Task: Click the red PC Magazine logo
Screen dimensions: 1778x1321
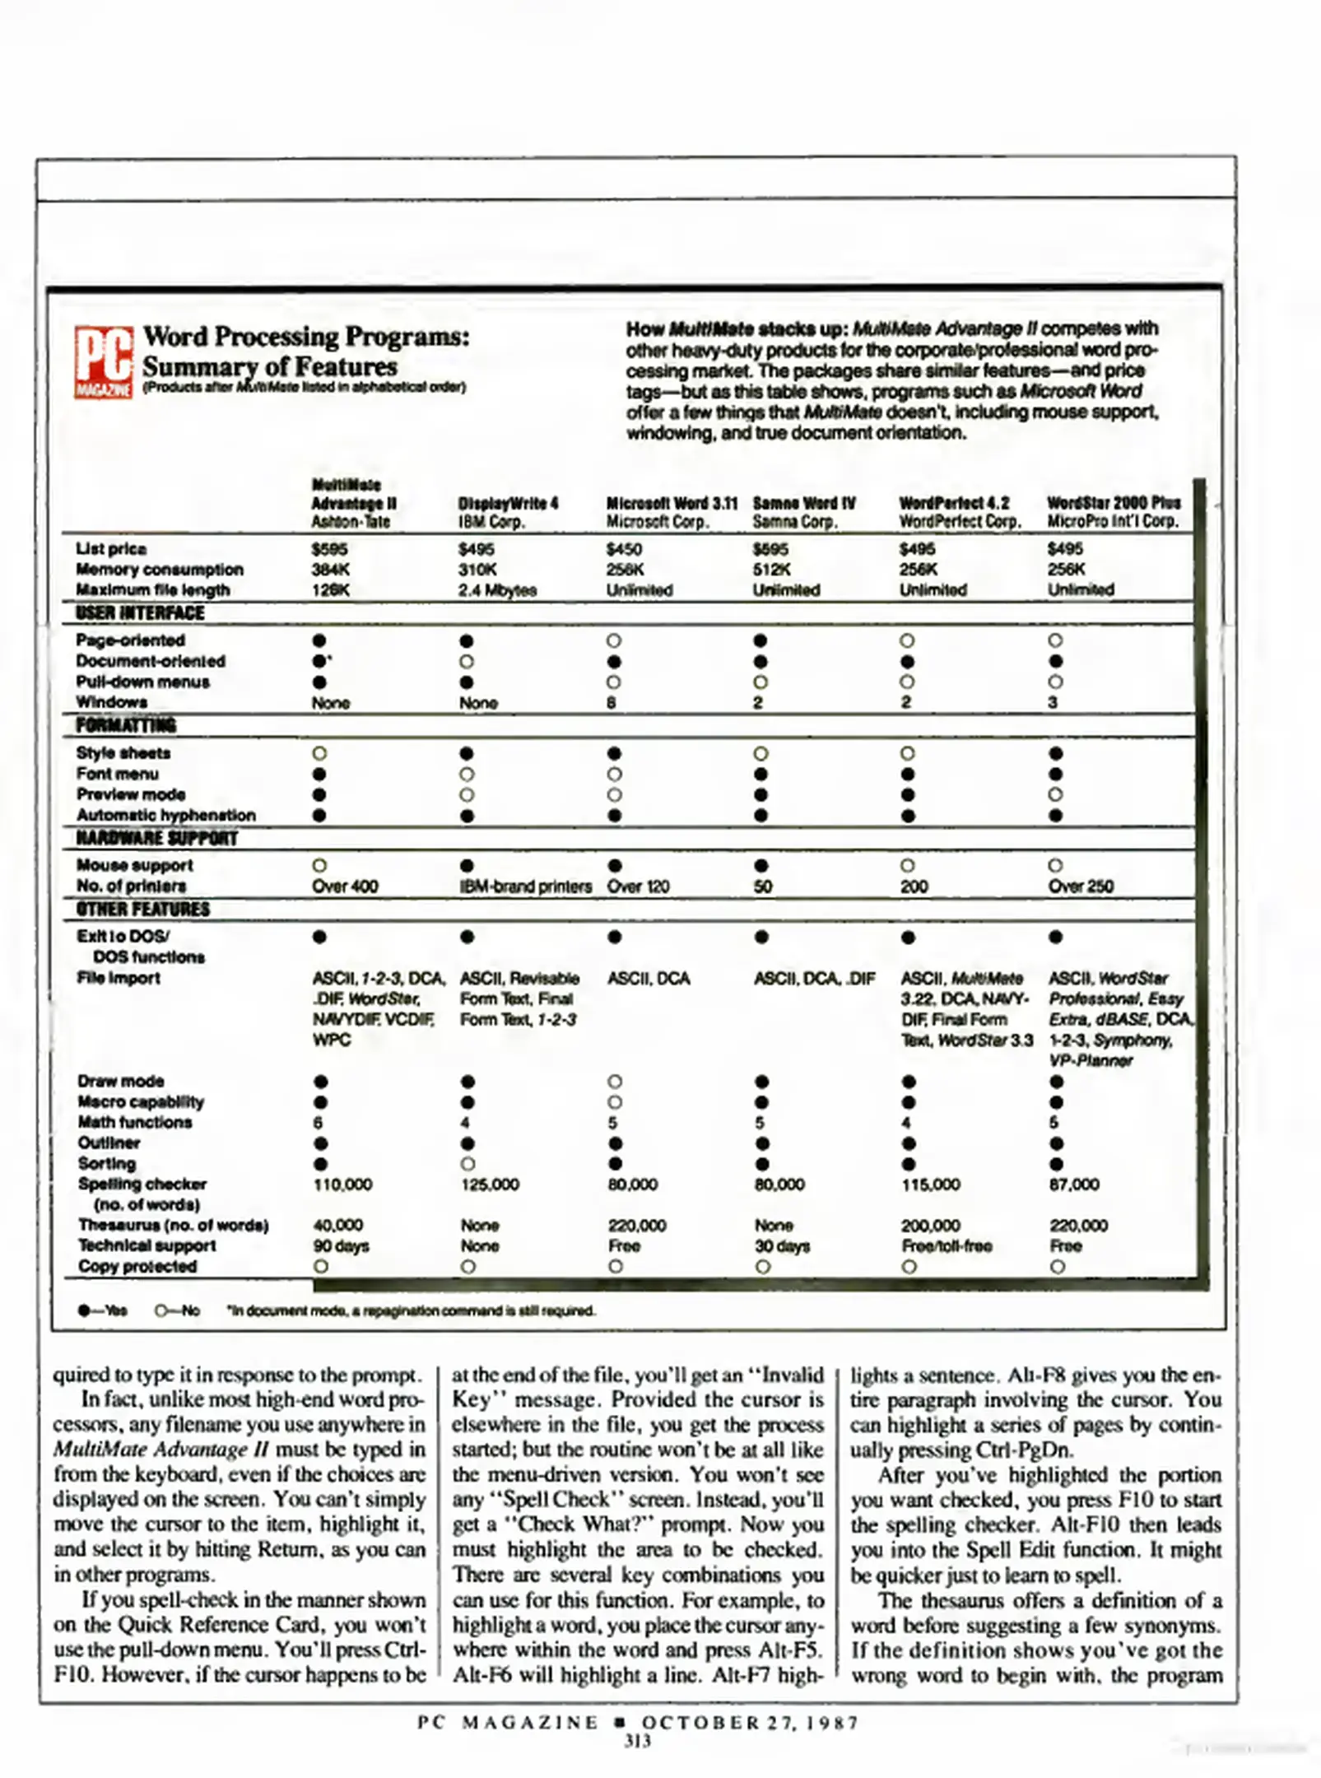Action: [x=104, y=363]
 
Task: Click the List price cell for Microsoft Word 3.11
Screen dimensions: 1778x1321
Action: [x=624, y=549]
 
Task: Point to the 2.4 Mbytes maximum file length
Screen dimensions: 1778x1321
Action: [x=497, y=590]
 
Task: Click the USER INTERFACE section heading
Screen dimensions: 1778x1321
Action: [x=140, y=613]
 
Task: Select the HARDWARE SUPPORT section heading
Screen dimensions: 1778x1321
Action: [x=156, y=839]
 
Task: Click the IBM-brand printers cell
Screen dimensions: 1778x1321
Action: [x=525, y=887]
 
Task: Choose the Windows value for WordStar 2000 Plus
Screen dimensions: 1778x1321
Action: [x=1053, y=703]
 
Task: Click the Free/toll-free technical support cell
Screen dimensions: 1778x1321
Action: [x=947, y=1246]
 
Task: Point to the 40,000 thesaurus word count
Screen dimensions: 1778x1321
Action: [x=338, y=1226]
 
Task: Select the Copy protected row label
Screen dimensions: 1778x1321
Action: [x=137, y=1267]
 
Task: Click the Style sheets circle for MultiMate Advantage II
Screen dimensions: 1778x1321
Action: [x=320, y=753]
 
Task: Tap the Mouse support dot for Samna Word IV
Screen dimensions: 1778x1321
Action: [x=761, y=865]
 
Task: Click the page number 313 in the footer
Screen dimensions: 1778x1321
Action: [x=638, y=1741]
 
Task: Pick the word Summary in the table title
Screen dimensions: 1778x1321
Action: [x=195, y=367]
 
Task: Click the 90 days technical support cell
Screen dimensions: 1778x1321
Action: [x=341, y=1246]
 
